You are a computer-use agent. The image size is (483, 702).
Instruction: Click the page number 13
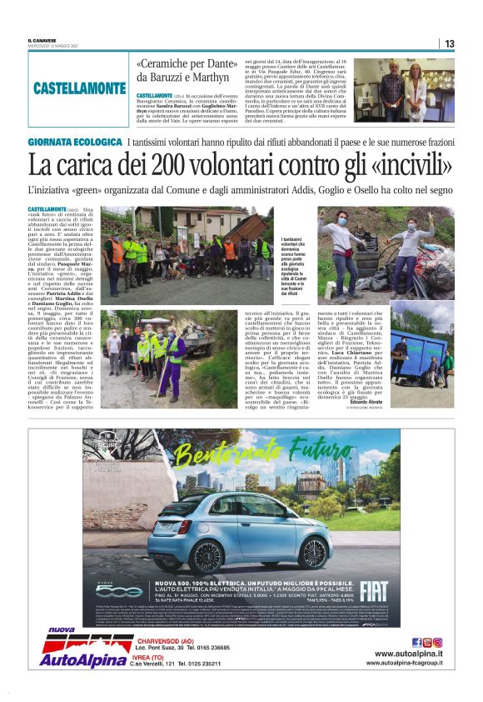pos(450,43)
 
